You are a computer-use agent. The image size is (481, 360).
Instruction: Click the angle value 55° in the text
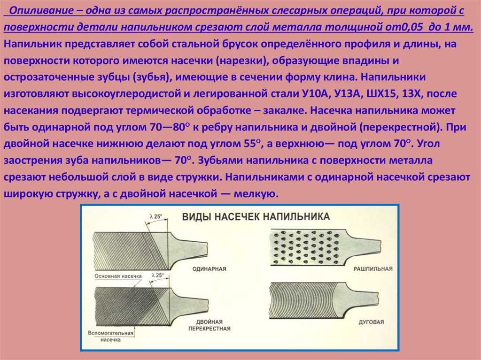pos(252,143)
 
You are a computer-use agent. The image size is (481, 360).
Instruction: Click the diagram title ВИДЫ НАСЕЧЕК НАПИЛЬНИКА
pos(256,216)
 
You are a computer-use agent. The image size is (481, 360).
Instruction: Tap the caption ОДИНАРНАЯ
pos(209,269)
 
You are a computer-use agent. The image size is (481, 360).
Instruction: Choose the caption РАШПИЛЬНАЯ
pos(373,269)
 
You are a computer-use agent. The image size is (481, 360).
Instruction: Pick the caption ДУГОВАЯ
pos(371,322)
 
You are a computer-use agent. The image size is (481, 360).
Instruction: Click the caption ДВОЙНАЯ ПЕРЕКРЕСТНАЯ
pos(209,325)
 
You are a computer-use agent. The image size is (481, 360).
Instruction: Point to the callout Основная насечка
pos(118,276)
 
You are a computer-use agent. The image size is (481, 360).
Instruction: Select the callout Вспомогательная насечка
pos(110,336)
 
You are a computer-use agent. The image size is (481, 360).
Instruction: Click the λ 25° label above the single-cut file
pos(156,216)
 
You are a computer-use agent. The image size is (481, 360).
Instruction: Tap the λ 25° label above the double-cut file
pos(157,275)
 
